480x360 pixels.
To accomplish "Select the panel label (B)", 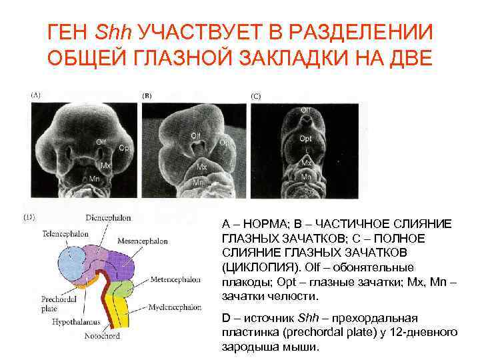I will click(x=147, y=96).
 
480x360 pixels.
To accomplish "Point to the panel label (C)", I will click(x=256, y=96).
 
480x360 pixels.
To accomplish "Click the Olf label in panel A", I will click(x=101, y=141).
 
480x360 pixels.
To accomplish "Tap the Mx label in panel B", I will click(x=201, y=167).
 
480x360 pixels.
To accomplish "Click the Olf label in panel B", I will click(x=195, y=136).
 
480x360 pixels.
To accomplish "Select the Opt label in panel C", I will click(x=305, y=139).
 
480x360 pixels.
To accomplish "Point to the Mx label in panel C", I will click(x=306, y=163).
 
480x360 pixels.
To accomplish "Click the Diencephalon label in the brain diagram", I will click(x=108, y=217).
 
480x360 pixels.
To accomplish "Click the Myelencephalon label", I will click(x=175, y=307).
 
